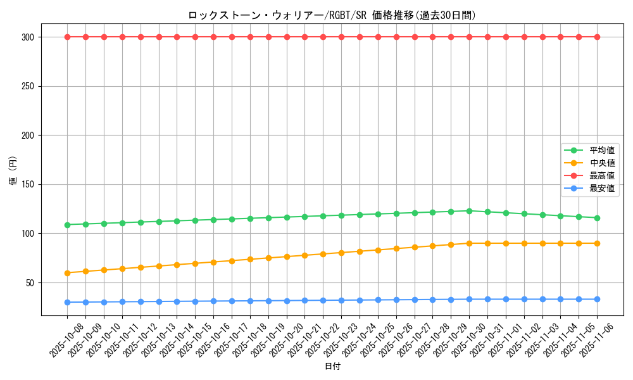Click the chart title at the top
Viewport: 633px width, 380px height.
coord(332,15)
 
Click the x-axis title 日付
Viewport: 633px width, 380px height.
coord(332,367)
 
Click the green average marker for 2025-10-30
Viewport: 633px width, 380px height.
coord(469,211)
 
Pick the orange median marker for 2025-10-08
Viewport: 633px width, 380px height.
coord(67,273)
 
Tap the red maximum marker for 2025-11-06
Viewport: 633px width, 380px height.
coord(597,37)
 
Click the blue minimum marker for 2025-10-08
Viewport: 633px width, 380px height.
coord(67,302)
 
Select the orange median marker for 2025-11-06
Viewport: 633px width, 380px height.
coord(597,243)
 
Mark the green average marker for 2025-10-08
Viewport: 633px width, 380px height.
coord(67,224)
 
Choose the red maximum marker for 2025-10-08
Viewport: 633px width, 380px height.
coord(67,37)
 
